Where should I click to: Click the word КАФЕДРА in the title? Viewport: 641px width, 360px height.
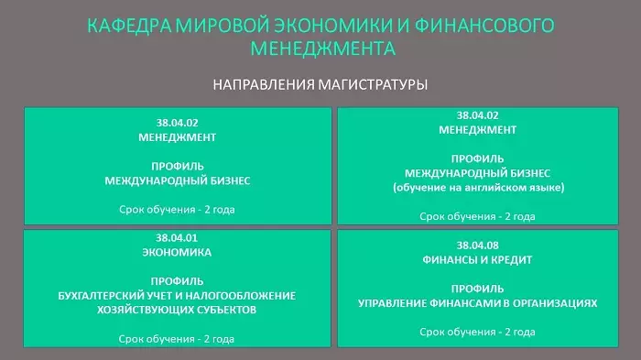[x=129, y=26]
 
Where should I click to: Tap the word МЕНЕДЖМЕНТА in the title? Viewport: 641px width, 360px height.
[x=323, y=49]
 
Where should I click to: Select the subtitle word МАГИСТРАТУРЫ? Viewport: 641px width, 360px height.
[x=374, y=84]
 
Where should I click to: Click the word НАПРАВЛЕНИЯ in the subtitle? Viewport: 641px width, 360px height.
[x=264, y=84]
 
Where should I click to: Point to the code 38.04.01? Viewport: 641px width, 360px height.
[x=177, y=237]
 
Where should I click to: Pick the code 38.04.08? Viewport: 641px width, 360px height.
[x=477, y=245]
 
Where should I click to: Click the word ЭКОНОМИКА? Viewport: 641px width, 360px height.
[x=177, y=253]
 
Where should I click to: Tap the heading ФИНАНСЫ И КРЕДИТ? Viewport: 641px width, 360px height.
[x=477, y=260]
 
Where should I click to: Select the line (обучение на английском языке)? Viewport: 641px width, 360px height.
[x=478, y=188]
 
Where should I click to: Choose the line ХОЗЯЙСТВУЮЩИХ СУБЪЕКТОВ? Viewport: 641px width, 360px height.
[x=177, y=310]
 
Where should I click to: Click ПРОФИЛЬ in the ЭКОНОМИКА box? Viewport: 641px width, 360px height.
[x=177, y=281]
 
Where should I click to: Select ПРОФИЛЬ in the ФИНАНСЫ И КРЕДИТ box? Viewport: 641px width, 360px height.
[x=477, y=289]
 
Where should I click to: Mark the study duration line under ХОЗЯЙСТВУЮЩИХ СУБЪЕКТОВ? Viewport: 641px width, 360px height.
[x=177, y=339]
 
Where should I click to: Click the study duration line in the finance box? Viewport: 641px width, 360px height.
[x=477, y=332]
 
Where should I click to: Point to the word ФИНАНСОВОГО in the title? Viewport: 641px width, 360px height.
[x=484, y=26]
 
